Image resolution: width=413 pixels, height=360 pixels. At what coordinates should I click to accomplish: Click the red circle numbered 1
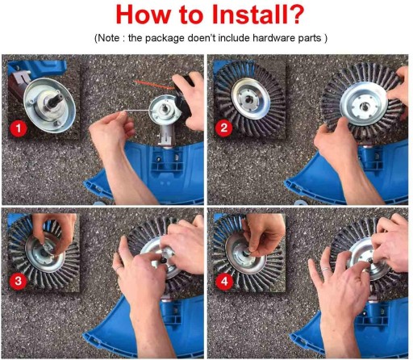(19, 128)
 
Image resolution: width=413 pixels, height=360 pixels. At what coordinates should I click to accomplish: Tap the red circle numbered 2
(224, 128)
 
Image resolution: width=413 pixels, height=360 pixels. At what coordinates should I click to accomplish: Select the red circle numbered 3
(18, 281)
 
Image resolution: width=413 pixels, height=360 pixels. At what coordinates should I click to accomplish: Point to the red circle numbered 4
(224, 282)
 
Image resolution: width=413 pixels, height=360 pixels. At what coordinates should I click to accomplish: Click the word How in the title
(143, 15)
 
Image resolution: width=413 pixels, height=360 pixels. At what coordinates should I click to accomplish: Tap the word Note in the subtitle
(108, 38)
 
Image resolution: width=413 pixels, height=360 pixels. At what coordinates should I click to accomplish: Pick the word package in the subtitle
(165, 39)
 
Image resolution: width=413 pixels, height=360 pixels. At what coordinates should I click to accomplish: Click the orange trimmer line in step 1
(154, 84)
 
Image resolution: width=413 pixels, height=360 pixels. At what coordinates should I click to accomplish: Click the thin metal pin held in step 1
(137, 111)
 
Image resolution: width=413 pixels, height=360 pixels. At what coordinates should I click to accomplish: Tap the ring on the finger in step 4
(326, 269)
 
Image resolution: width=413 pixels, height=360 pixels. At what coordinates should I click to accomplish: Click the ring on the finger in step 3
(119, 268)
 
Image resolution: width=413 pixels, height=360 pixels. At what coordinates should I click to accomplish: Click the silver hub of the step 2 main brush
(364, 105)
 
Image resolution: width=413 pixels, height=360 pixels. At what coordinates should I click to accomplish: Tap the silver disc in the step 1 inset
(49, 106)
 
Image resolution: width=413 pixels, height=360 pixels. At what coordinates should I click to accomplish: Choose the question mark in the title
(295, 15)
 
